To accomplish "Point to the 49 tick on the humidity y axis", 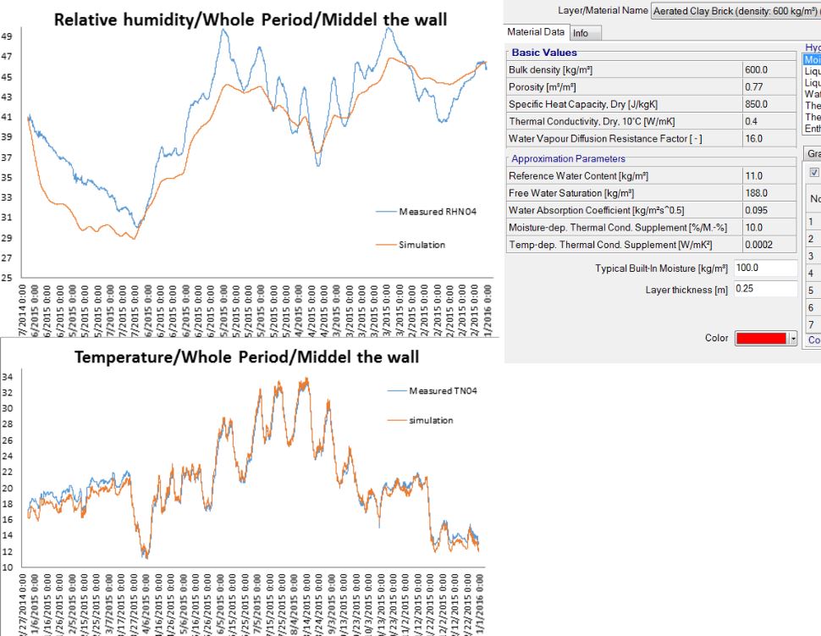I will (7, 36).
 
